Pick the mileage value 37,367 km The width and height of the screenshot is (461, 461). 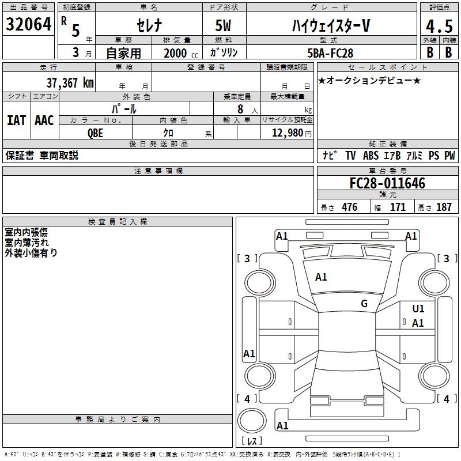click(x=70, y=82)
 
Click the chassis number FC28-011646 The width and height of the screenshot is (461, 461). click(x=387, y=184)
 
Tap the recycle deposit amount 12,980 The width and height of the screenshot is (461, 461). click(x=288, y=133)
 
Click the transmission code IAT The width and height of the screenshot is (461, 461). click(x=16, y=120)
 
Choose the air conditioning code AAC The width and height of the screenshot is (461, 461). click(x=44, y=120)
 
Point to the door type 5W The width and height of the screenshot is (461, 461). click(x=224, y=25)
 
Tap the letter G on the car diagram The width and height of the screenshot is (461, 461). click(x=364, y=303)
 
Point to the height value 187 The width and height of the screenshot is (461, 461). click(x=444, y=207)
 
